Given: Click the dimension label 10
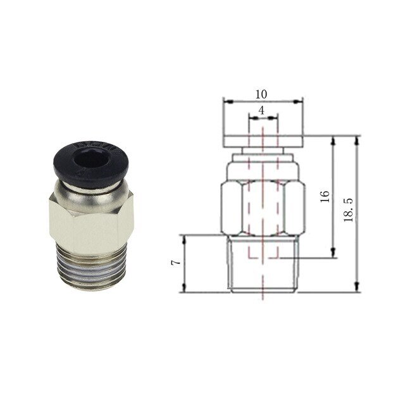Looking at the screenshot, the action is [261, 94].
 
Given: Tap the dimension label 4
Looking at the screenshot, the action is [261, 111].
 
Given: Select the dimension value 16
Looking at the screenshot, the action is [325, 197].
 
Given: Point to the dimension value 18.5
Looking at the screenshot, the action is [349, 209].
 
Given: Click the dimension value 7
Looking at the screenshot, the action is [176, 263].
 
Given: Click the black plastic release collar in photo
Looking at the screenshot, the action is [91, 164].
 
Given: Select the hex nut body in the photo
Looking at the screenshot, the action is [91, 222].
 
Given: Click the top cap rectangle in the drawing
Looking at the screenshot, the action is [263, 142].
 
